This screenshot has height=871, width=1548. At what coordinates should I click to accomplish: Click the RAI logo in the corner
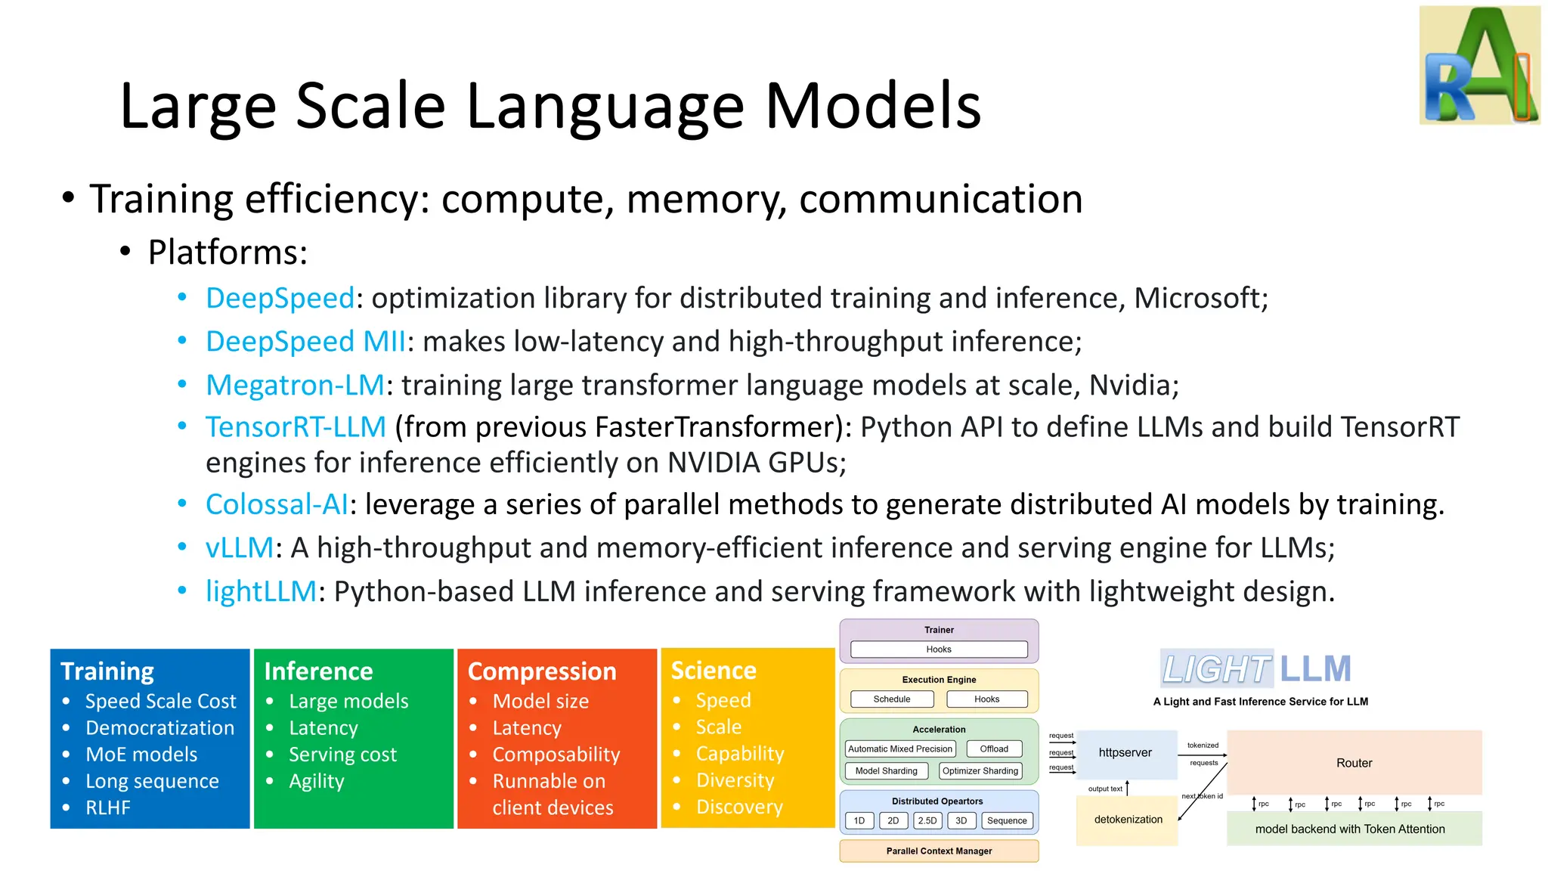[1479, 66]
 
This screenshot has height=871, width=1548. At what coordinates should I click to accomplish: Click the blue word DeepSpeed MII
[305, 342]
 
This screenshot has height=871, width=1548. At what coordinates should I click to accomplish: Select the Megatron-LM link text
[295, 386]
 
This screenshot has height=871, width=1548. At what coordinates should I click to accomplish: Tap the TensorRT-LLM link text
[296, 427]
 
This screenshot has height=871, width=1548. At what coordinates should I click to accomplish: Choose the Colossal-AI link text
[277, 504]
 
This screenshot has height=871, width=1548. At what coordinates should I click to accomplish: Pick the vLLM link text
[239, 547]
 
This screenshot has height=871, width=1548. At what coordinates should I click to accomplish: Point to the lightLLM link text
[261, 591]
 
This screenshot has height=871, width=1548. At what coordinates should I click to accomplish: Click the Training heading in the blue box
[107, 671]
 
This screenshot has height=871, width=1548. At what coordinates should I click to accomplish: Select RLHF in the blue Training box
[108, 807]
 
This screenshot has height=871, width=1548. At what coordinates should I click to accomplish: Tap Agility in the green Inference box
[316, 781]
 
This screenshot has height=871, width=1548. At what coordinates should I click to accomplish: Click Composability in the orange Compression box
[556, 755]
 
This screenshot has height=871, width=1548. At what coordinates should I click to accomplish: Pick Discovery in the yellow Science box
[738, 807]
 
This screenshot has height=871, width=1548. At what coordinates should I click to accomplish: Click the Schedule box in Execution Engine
[892, 699]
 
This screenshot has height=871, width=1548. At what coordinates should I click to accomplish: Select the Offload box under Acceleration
[994, 749]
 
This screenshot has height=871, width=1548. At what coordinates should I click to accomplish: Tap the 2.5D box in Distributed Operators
[927, 820]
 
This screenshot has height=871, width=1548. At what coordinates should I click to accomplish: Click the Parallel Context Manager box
[939, 851]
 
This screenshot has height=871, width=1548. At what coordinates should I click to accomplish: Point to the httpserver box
[1125, 753]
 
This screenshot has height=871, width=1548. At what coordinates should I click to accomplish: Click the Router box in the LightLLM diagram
[1354, 763]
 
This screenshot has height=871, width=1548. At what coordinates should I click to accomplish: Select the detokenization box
[1128, 820]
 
